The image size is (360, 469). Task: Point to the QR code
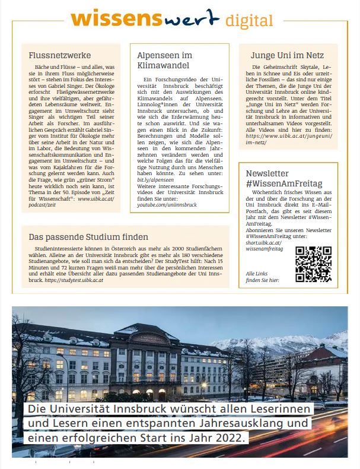click(313, 264)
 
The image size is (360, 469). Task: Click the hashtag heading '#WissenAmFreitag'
click(284, 183)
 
